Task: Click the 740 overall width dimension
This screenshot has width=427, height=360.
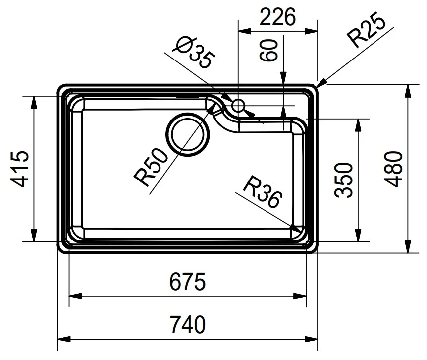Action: click(188, 324)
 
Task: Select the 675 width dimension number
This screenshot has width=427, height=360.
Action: click(188, 282)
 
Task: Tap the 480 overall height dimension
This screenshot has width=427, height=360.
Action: click(393, 169)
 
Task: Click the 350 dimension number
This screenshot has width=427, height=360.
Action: click(343, 180)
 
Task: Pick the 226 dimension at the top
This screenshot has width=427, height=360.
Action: click(277, 17)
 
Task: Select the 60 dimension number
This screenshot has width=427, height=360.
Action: click(268, 51)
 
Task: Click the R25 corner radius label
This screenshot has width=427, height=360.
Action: click(368, 29)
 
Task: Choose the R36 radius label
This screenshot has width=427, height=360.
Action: click(263, 191)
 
